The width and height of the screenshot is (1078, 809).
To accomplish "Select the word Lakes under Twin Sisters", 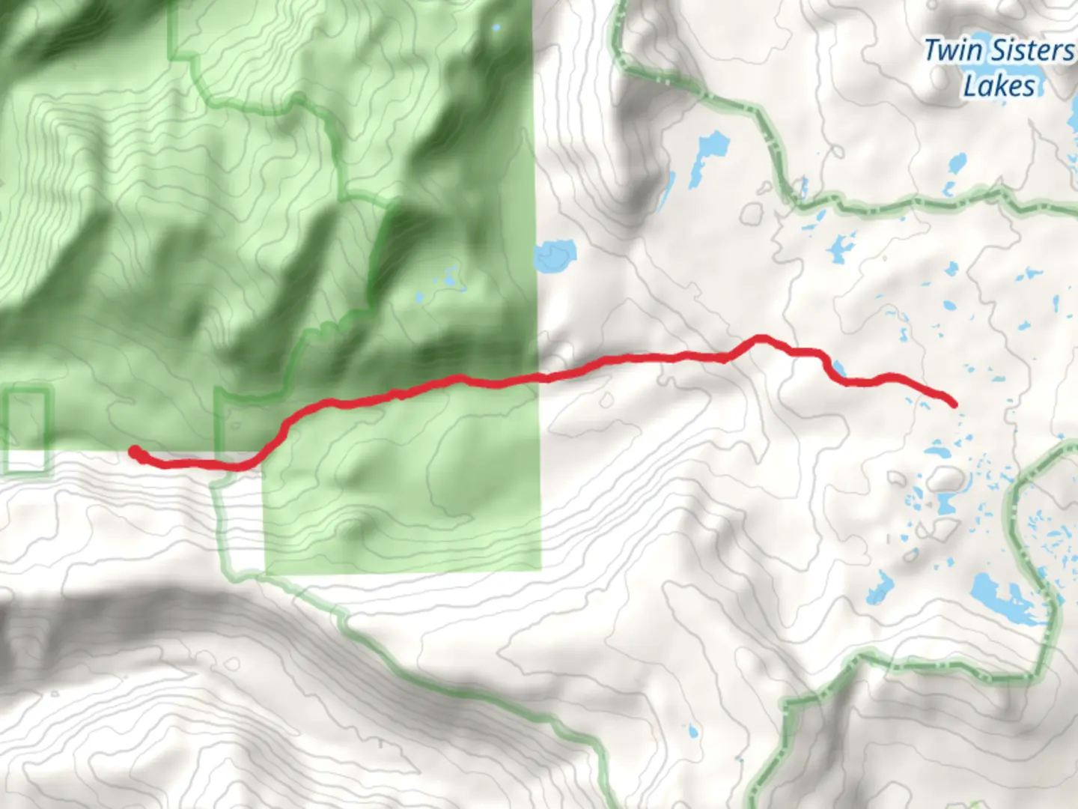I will (x=999, y=86).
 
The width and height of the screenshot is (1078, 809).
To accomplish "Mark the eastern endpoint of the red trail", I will (x=953, y=404).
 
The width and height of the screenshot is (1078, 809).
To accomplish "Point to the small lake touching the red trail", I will (x=838, y=369).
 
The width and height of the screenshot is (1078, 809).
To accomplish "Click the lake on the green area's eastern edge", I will (x=555, y=255).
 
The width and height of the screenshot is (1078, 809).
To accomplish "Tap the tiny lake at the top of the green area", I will (x=496, y=28).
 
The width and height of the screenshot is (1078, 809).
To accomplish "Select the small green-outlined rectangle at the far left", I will (x=28, y=431).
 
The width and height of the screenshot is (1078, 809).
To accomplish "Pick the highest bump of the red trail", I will (x=761, y=339).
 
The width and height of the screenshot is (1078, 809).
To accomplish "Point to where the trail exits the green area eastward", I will (x=540, y=376).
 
